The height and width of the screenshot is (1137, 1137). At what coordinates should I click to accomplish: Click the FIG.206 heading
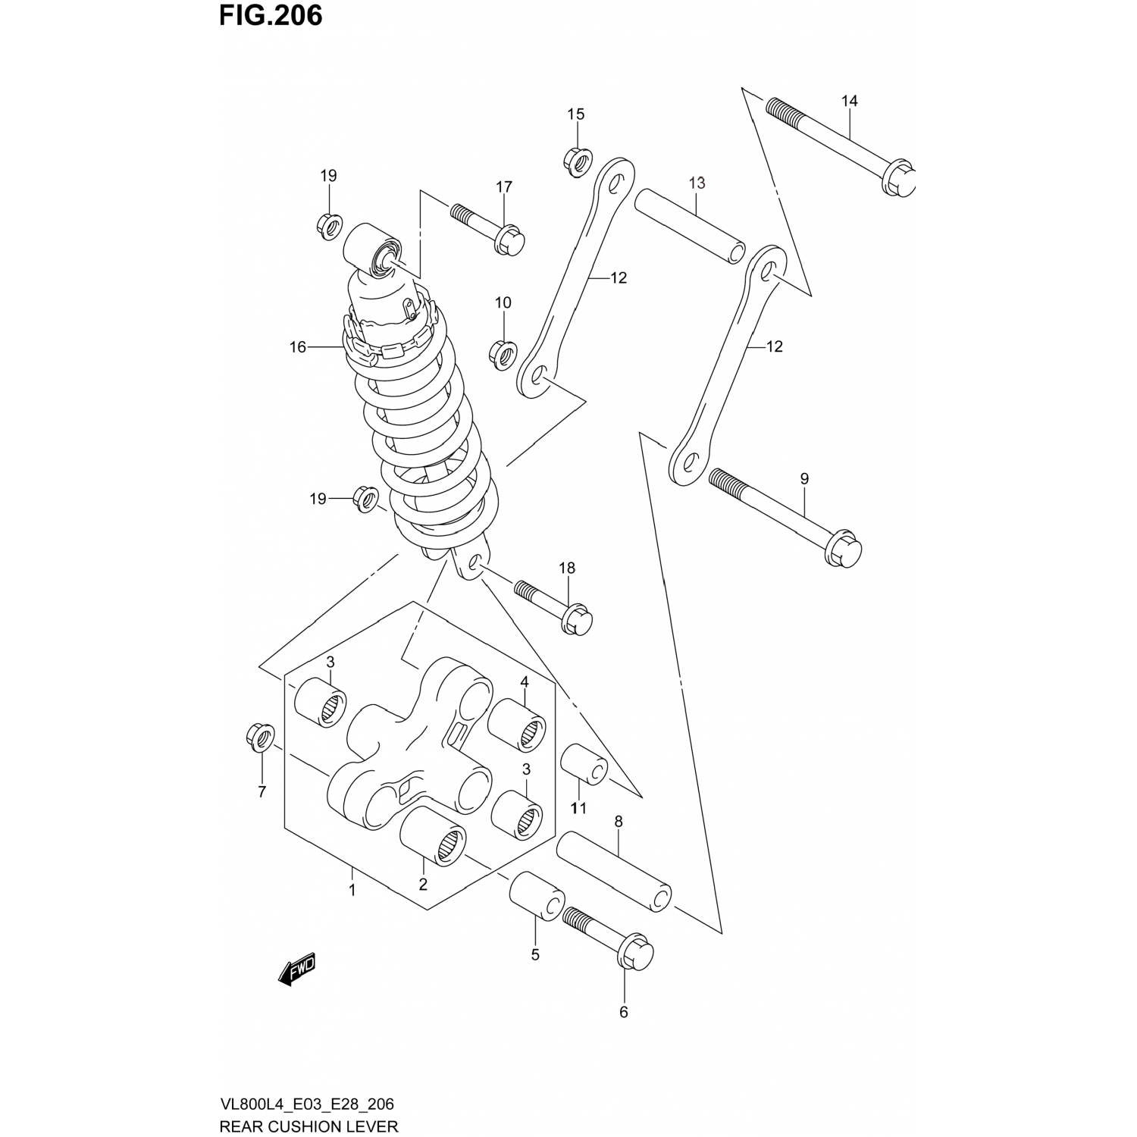(x=271, y=15)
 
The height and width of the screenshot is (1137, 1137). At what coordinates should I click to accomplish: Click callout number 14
(x=849, y=101)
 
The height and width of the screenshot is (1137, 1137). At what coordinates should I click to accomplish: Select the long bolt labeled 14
(x=841, y=144)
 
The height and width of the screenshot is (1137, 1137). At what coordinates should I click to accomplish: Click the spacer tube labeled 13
(x=690, y=227)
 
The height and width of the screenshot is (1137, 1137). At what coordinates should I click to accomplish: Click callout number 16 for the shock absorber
(x=297, y=347)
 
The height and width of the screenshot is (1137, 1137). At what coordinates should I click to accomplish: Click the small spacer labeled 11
(x=584, y=766)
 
